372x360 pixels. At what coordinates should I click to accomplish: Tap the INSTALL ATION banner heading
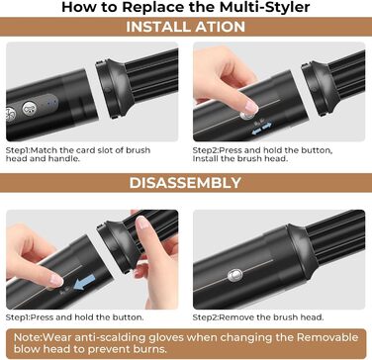pos(186,28)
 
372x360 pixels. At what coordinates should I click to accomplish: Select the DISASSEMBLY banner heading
pos(186,183)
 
